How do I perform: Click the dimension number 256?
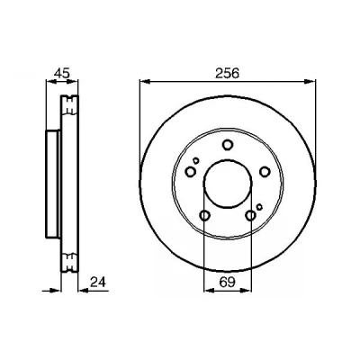227,74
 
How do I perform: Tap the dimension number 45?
62,73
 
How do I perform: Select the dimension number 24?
98,282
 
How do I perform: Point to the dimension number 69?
227,282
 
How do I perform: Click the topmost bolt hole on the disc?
228,145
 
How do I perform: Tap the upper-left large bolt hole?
191,172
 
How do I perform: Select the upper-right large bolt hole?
265,172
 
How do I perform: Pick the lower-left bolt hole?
204,215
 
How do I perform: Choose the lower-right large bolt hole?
250,215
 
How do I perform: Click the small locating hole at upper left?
196,160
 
